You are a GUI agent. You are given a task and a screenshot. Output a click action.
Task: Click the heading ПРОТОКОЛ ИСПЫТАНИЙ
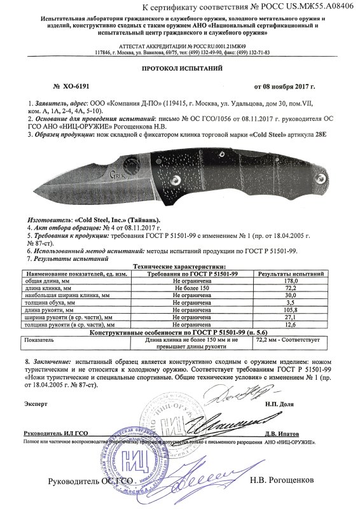[x=179, y=67]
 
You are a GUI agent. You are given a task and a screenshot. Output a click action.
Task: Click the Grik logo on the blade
[x=118, y=172]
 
